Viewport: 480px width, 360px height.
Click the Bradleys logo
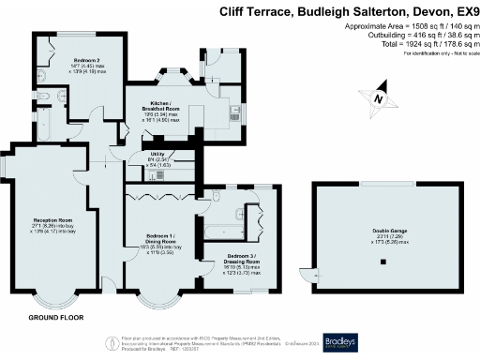[346, 341]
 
